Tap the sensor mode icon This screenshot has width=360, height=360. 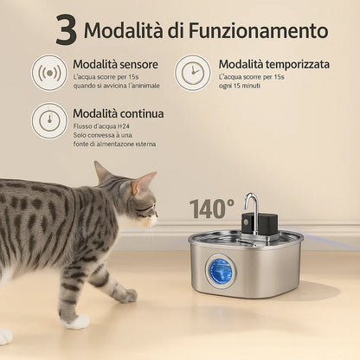(49, 73)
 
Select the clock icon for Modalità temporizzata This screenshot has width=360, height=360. (192, 73)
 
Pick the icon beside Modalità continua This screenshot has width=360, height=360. (49, 121)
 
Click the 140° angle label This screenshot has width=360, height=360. (211, 209)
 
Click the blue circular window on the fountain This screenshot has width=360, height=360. (221, 271)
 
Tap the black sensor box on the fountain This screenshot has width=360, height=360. (267, 222)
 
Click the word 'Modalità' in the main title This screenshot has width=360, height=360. (126, 30)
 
